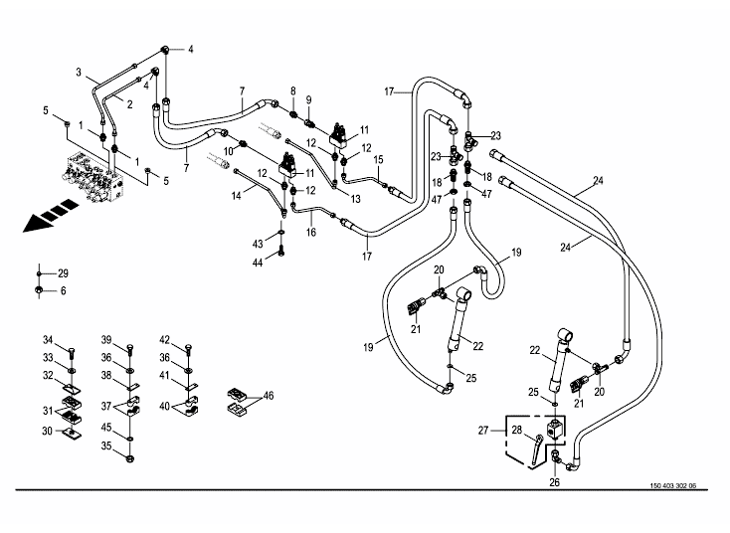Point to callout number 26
(555, 482)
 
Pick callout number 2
(129, 103)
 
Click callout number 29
(63, 273)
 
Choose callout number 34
(48, 340)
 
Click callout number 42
(165, 340)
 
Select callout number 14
(238, 197)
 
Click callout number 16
(311, 232)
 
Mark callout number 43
(257, 244)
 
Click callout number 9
(308, 99)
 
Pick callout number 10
(228, 149)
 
